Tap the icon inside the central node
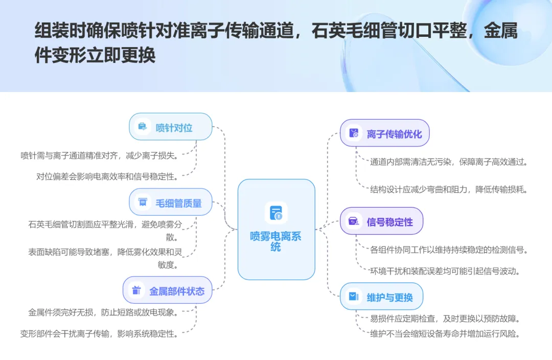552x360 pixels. coord(276,213)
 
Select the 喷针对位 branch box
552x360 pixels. coord(171,127)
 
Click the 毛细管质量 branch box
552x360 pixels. coord(171,202)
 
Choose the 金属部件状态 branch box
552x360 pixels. coord(168,290)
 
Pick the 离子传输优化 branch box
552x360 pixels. coord(385,133)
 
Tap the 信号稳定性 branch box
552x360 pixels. coord(381,221)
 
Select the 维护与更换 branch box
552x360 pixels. coord(381,297)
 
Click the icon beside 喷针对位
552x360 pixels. coord(143,127)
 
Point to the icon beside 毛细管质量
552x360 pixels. coord(143,202)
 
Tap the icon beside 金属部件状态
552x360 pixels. coord(136,290)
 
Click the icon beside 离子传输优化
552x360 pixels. coord(354,133)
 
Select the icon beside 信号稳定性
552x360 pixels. coord(354,221)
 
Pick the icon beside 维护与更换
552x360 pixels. coord(354,297)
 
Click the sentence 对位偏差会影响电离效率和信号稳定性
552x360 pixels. coord(108,176)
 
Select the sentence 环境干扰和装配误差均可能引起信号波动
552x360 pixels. coord(445,271)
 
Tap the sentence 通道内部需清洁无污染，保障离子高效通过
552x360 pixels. coord(449,162)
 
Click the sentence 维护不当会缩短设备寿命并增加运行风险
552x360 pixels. coord(445,334)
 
